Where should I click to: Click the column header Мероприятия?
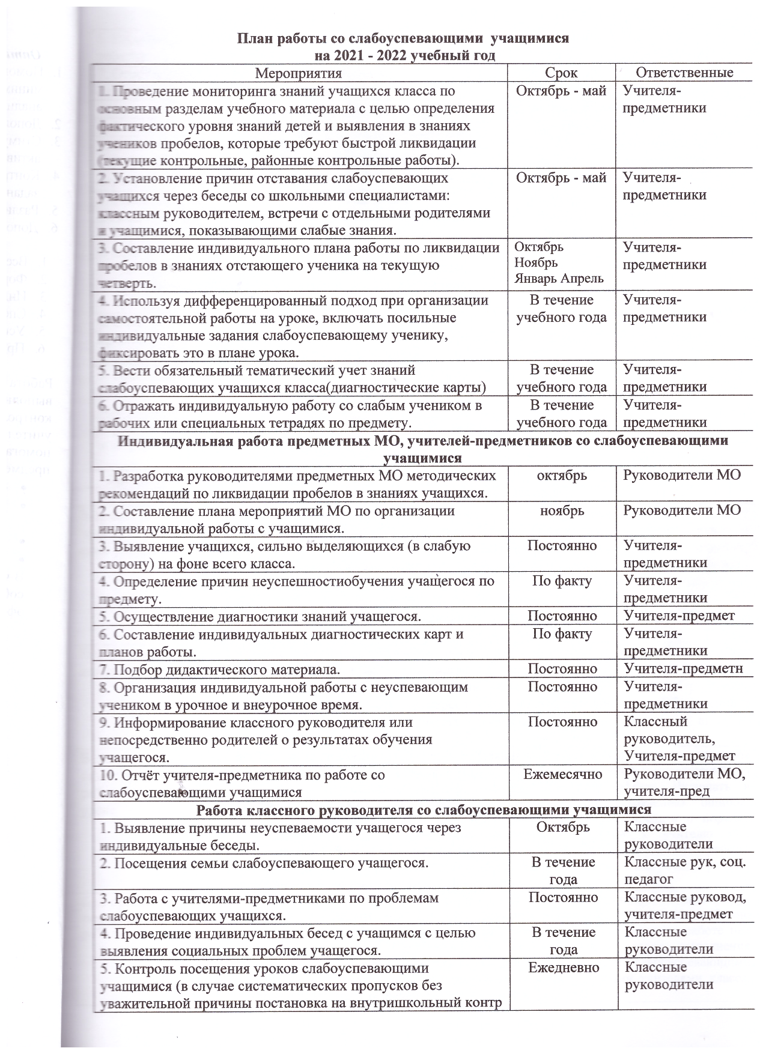pyautogui.click(x=299, y=73)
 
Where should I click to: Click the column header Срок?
pyautogui.click(x=561, y=73)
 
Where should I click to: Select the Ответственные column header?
pyautogui.click(x=684, y=73)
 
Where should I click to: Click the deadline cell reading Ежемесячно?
pyautogui.click(x=562, y=775)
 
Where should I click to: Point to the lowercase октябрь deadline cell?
pyautogui.click(x=562, y=475)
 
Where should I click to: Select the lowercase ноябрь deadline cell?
pyautogui.click(x=562, y=510)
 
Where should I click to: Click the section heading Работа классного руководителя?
pyautogui.click(x=424, y=809)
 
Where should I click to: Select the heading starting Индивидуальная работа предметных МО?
pyautogui.click(x=422, y=449)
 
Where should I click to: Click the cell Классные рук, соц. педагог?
pyautogui.click(x=685, y=871)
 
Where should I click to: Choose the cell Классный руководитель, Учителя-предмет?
pyautogui.click(x=679, y=739)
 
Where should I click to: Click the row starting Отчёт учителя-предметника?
pyautogui.click(x=243, y=783)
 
